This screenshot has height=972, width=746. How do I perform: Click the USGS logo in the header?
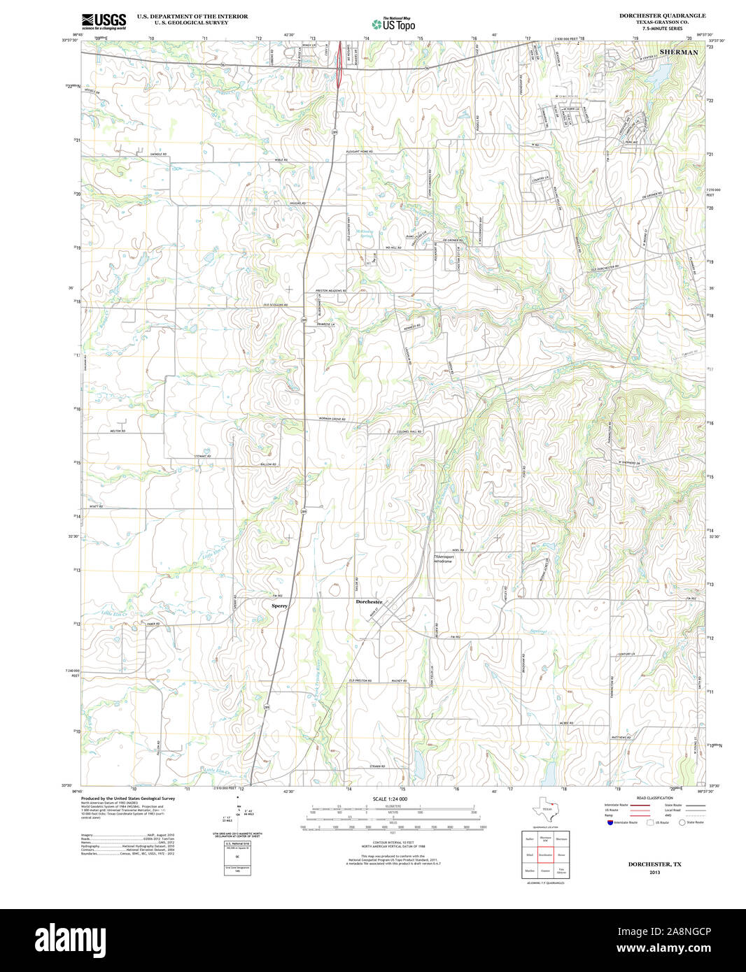coord(104,21)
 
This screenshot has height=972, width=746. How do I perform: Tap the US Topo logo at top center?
coord(393,24)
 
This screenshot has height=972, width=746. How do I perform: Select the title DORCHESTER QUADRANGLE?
coord(662,15)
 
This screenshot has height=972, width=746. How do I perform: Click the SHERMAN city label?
coord(678,52)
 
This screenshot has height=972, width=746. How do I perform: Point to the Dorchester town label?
coord(369,601)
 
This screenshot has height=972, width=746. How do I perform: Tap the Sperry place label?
coord(279,606)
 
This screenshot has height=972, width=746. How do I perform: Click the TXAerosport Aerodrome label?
coord(444,559)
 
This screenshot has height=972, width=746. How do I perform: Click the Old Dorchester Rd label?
coord(604,268)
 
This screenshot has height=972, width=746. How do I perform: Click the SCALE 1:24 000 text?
coord(390,799)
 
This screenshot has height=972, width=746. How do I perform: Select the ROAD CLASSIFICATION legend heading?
coord(655,798)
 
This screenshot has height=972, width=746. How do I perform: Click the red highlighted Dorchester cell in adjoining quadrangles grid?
coord(546,855)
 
